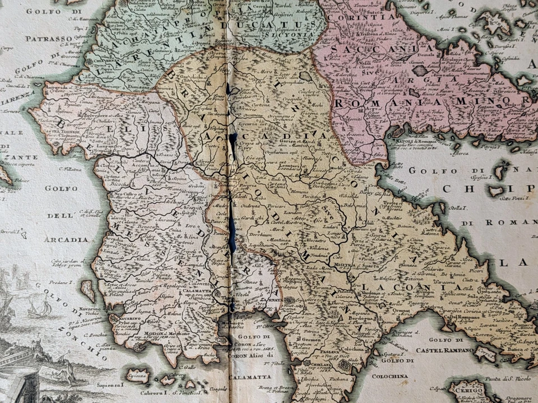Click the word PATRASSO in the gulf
48,39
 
